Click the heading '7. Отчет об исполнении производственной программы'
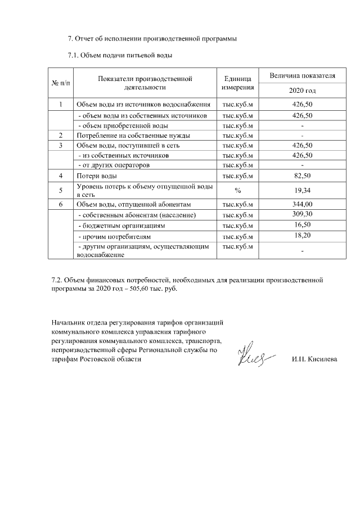[x=152, y=39]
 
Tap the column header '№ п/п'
[x=61, y=83]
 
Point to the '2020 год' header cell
[x=302, y=91]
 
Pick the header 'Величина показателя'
[x=302, y=75]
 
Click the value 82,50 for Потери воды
[x=302, y=176]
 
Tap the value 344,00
[x=302, y=204]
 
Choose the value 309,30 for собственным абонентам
[x=302, y=215]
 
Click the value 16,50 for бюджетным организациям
[x=302, y=225]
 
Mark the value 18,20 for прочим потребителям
[x=302, y=235]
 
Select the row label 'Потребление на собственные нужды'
[x=133, y=136]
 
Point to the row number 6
[x=61, y=204]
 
